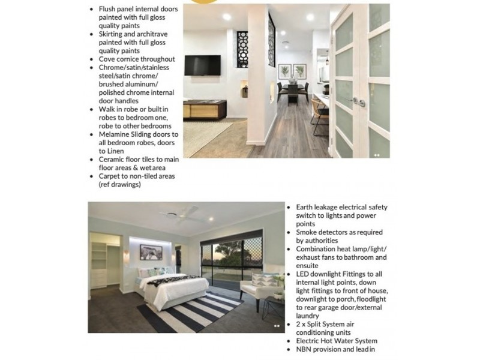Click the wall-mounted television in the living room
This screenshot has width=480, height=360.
(x=202, y=65)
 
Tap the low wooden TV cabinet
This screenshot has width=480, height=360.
(x=205, y=109)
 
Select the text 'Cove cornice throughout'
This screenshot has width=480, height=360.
(x=137, y=59)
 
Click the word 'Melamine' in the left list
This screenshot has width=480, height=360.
(x=118, y=134)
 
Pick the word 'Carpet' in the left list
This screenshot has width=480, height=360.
(x=112, y=176)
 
